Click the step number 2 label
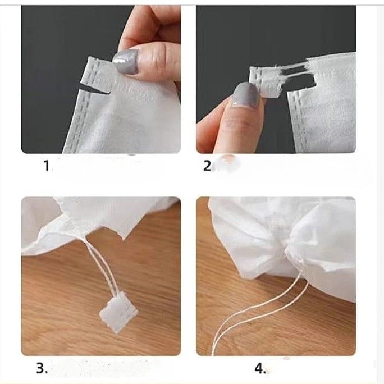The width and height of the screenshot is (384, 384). coord(207,166)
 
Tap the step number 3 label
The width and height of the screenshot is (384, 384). coord(42,368)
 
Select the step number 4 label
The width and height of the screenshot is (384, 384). coord(260,368)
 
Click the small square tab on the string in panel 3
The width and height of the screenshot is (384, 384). coord(118,313)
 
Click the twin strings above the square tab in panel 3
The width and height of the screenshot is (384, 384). coord(101,265)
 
